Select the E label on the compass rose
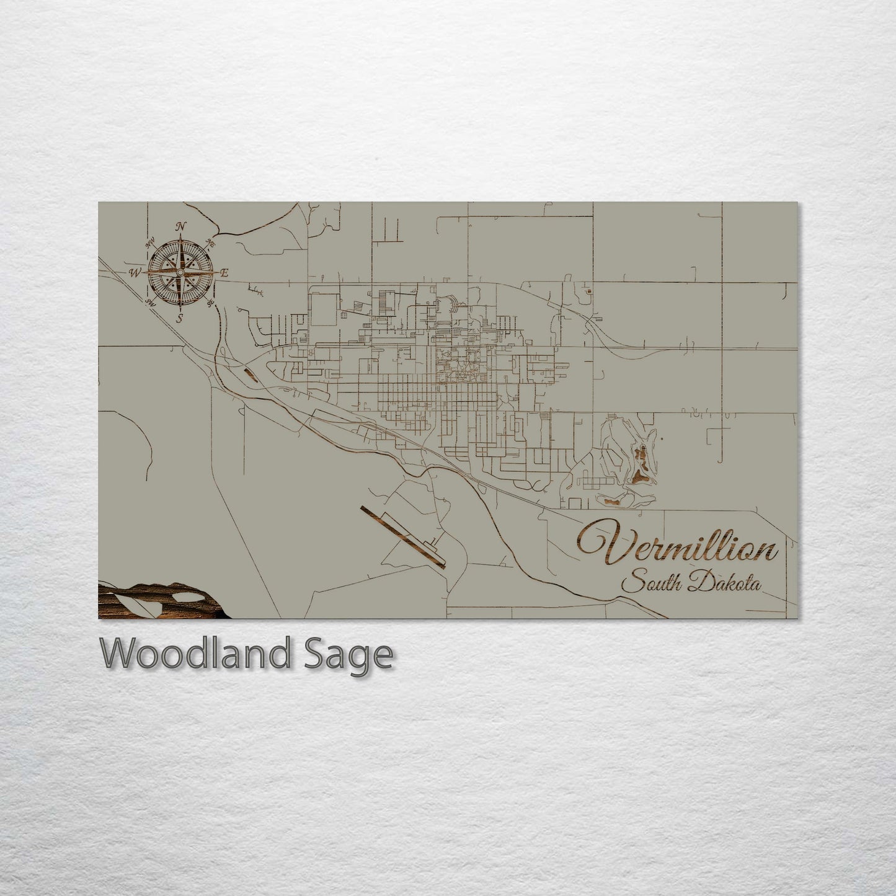click(x=225, y=273)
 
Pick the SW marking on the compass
click(x=149, y=303)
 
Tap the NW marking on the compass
click(x=150, y=243)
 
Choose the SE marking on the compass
click(x=211, y=303)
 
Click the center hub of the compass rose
click(x=180, y=273)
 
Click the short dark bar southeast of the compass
click(x=251, y=373)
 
